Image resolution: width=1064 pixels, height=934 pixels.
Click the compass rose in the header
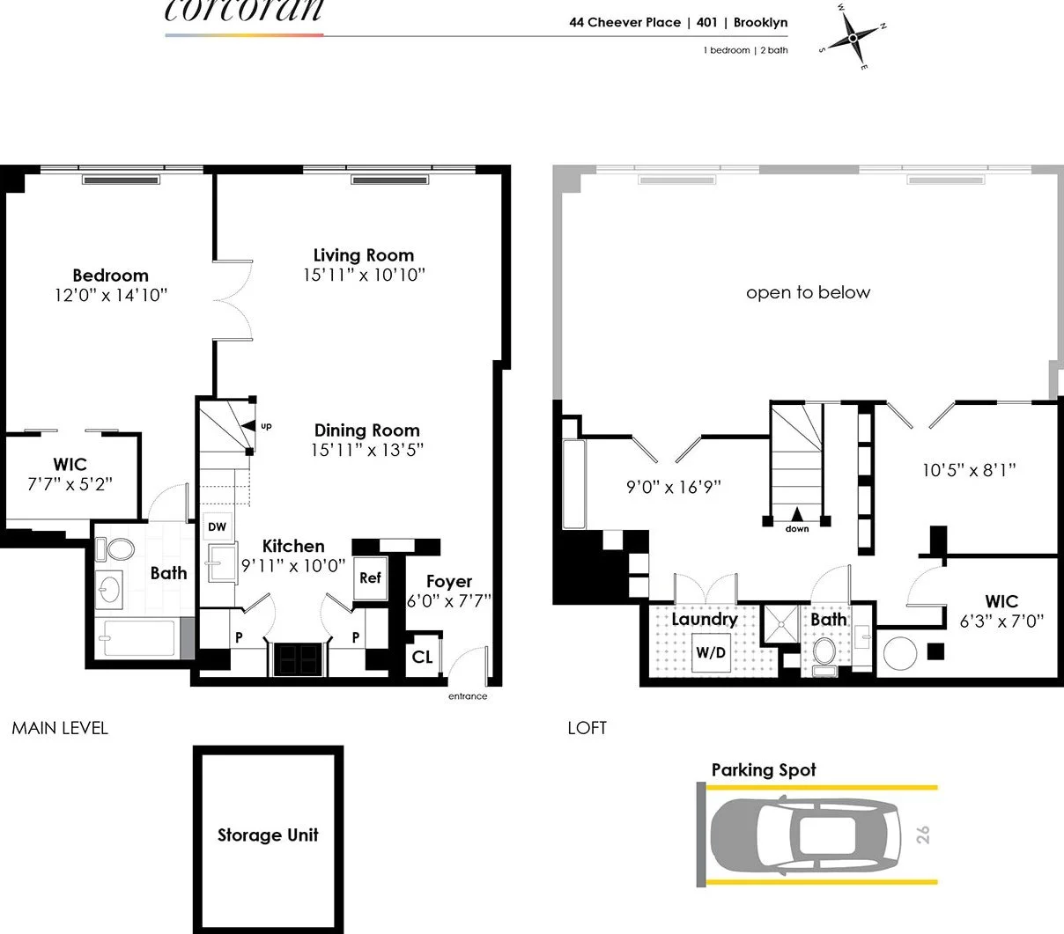click(x=853, y=38)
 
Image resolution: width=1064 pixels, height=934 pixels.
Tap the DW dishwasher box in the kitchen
click(x=217, y=526)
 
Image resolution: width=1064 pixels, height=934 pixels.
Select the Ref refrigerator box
click(x=370, y=578)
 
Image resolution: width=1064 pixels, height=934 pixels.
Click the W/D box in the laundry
click(x=711, y=652)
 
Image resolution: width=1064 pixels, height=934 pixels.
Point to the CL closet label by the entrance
click(x=422, y=657)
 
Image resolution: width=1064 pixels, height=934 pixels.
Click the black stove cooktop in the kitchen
click(x=299, y=659)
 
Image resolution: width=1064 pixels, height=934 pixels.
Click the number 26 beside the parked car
click(x=923, y=835)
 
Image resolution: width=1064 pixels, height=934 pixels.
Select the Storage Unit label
click(x=268, y=835)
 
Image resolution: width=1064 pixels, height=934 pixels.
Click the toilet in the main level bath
click(x=115, y=549)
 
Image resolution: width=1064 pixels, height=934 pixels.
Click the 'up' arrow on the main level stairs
click(x=248, y=426)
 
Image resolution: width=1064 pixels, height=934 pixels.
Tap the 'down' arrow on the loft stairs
click(x=797, y=513)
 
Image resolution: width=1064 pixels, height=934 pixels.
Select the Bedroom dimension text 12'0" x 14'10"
click(x=111, y=295)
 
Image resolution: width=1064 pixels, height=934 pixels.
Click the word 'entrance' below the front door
click(x=468, y=696)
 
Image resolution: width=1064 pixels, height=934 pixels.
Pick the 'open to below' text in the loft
click(x=809, y=292)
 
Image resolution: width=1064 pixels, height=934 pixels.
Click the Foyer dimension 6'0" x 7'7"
click(x=449, y=600)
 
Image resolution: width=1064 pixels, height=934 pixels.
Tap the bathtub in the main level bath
click(x=139, y=638)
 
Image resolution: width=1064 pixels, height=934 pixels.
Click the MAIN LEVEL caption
click(x=60, y=728)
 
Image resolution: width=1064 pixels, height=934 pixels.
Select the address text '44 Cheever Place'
click(x=625, y=23)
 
